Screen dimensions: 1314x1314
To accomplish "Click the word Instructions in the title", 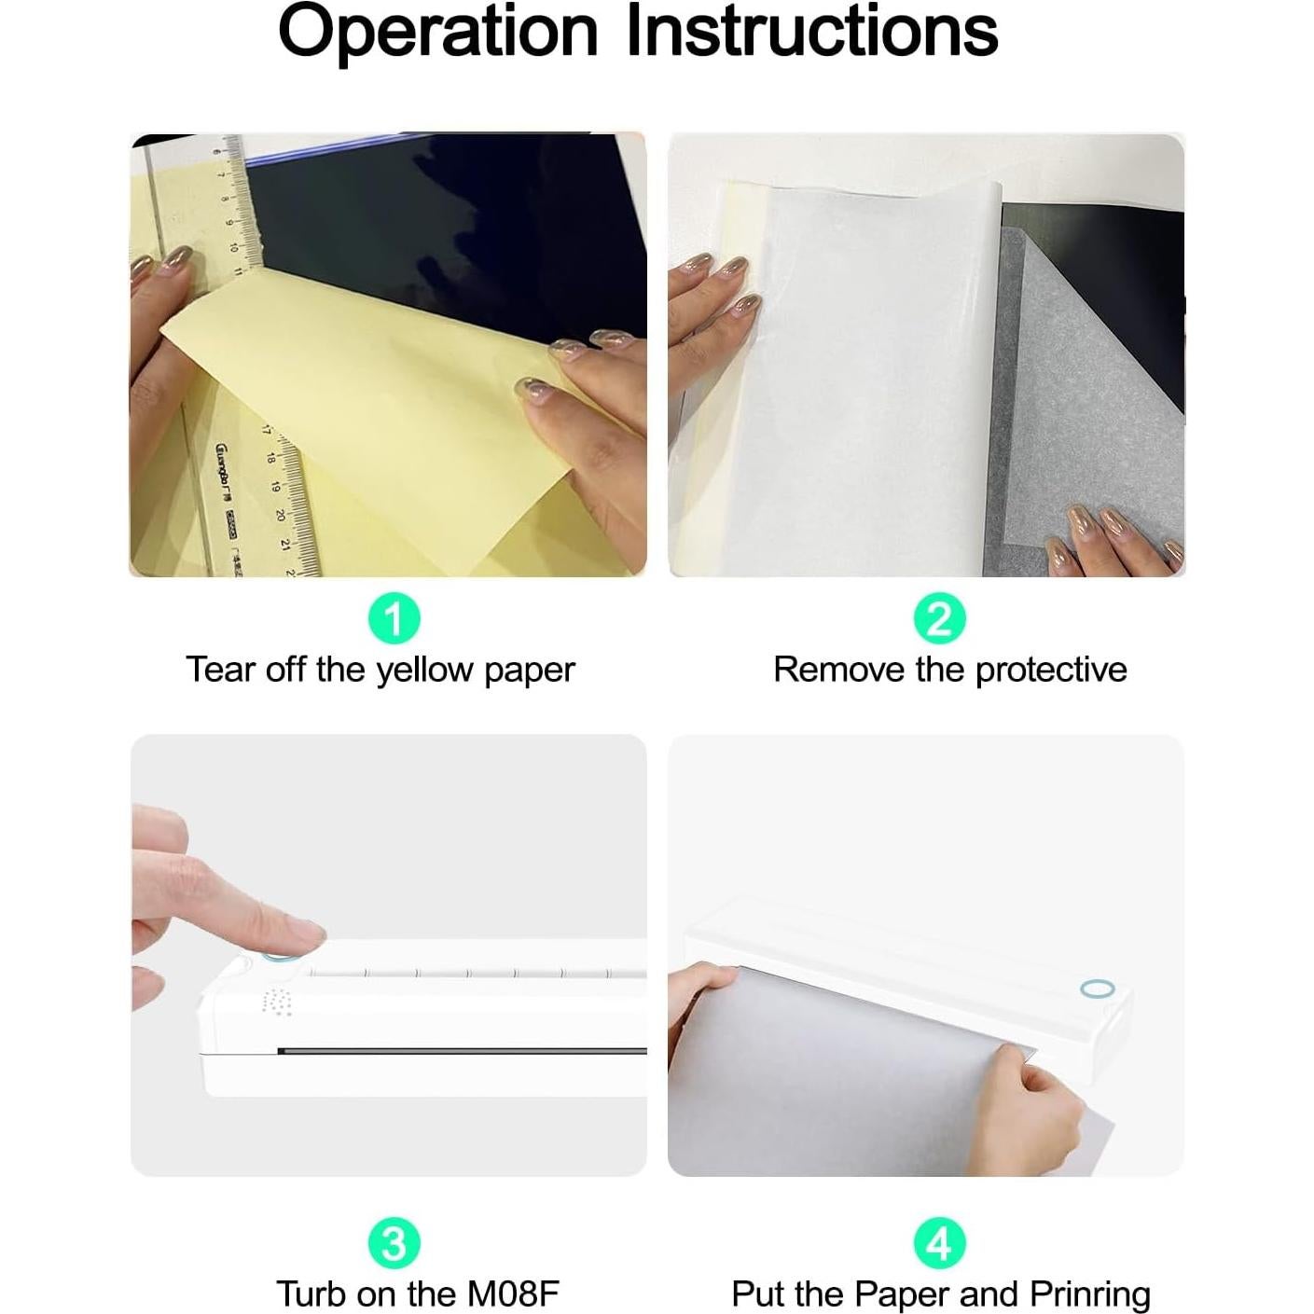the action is tap(812, 31).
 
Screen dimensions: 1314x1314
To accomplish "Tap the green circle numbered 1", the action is tap(394, 618).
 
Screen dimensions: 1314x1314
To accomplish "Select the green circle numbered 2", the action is tap(940, 618).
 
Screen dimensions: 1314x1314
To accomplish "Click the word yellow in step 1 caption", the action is tap(425, 671).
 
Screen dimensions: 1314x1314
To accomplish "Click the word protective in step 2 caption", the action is tap(1051, 671).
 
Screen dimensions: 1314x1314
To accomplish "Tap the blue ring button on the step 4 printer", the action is tap(1097, 989).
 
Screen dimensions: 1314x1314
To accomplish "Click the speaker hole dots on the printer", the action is tap(276, 1001).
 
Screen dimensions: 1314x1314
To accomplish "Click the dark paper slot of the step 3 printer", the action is tap(462, 1051).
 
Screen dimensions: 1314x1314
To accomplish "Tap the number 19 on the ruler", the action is tap(275, 486).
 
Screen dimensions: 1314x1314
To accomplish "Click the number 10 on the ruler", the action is tap(231, 246).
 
